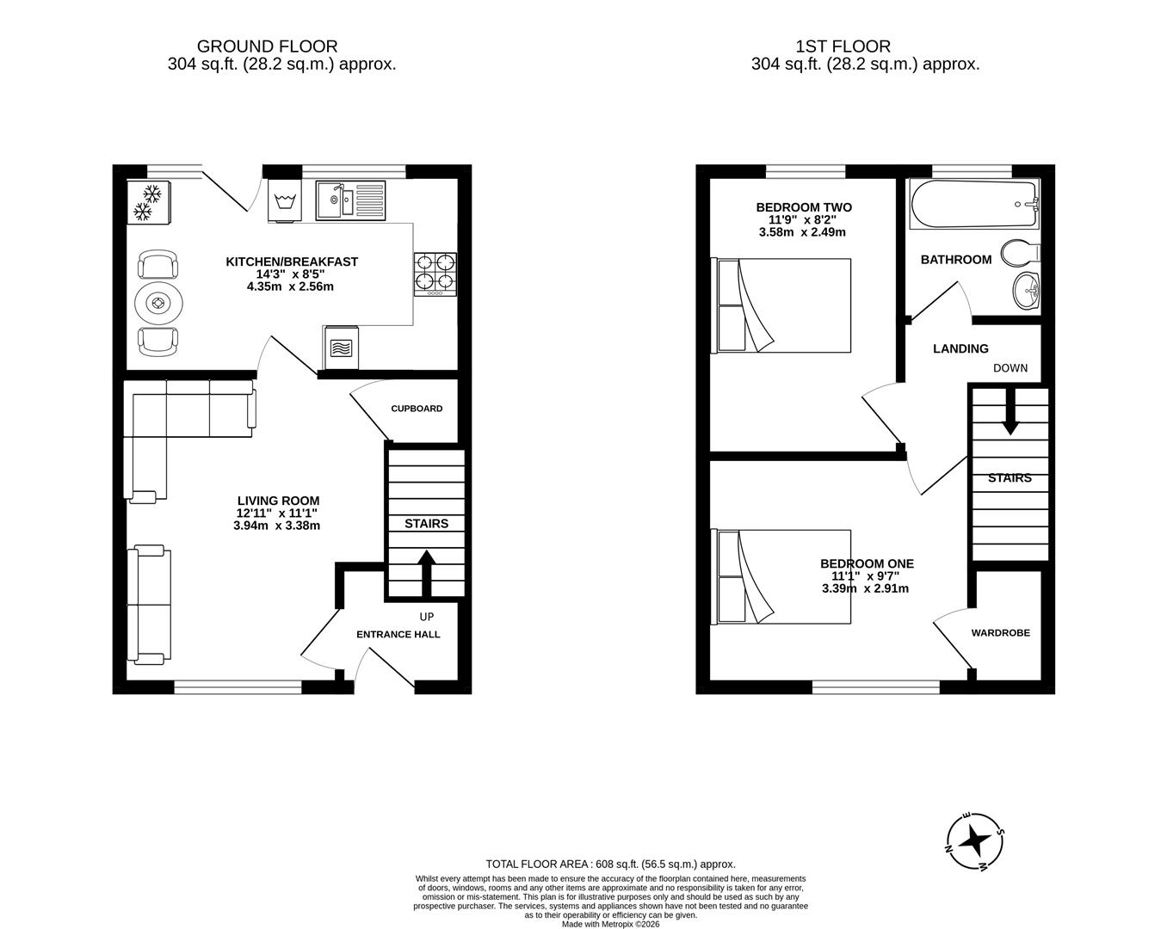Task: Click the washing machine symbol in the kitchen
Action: click(x=285, y=201)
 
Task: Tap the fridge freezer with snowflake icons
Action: click(x=149, y=202)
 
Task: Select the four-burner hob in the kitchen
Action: click(x=435, y=274)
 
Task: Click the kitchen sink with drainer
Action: click(x=351, y=200)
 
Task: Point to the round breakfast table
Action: click(x=158, y=303)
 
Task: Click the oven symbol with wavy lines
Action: click(x=341, y=347)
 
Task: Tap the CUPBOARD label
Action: click(x=417, y=409)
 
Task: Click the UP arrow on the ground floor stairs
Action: click(x=426, y=574)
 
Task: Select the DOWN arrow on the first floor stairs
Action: click(x=1010, y=411)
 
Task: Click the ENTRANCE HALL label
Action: click(x=398, y=635)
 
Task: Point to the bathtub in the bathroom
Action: click(x=974, y=205)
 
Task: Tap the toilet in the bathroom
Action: click(x=1020, y=254)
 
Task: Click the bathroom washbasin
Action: click(x=1026, y=292)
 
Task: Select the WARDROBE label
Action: click(x=1001, y=632)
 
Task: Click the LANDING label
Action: click(x=960, y=348)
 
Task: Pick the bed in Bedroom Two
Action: click(x=784, y=305)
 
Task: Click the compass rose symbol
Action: click(x=975, y=842)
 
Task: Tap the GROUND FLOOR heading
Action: click(x=267, y=46)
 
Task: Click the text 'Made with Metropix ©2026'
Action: click(x=611, y=924)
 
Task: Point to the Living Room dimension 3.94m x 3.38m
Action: click(x=276, y=526)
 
